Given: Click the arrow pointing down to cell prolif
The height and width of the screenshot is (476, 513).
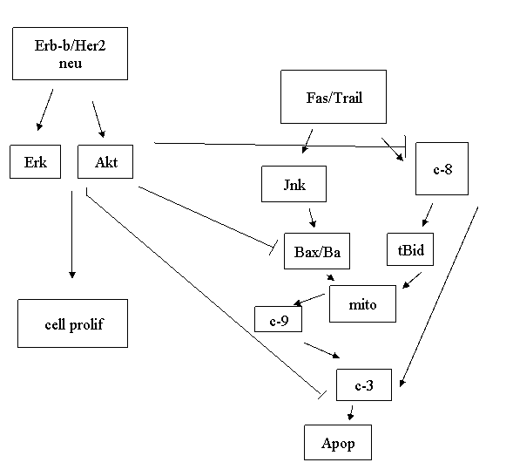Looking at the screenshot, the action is pyautogui.click(x=72, y=235).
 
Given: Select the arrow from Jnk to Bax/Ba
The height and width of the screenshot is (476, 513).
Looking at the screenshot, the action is pyautogui.click(x=312, y=218).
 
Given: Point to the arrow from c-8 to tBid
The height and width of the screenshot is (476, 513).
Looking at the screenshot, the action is pyautogui.click(x=428, y=214).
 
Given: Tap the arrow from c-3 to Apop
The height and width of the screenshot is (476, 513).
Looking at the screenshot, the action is pyautogui.click(x=351, y=413).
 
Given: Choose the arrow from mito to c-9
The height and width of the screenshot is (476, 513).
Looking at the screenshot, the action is pyautogui.click(x=309, y=300).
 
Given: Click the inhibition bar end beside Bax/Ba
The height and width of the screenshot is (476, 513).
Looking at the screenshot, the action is pyautogui.click(x=273, y=248).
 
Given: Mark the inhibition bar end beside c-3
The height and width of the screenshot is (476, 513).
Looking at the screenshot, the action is pyautogui.click(x=322, y=394).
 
